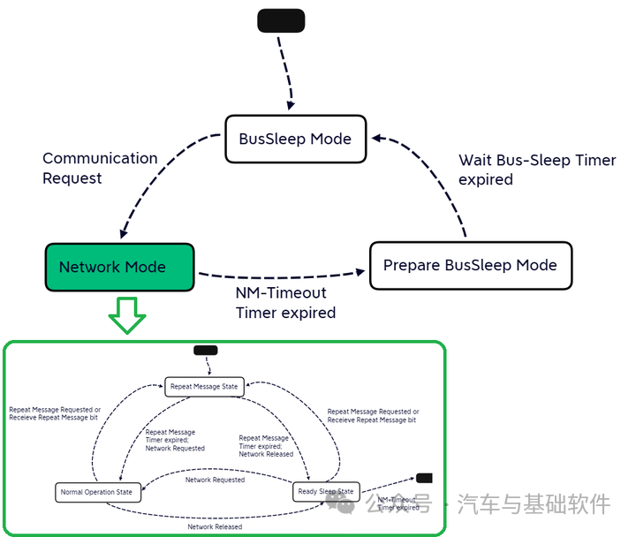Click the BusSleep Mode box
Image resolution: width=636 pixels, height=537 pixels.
[x=295, y=139]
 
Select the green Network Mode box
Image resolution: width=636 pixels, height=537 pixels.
[x=119, y=267]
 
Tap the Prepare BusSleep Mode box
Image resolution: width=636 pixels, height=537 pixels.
[x=470, y=265]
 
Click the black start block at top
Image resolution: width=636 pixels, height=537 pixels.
[x=281, y=20]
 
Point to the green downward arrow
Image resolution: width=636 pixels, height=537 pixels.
[x=129, y=314]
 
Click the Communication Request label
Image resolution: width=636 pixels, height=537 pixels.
[x=100, y=168]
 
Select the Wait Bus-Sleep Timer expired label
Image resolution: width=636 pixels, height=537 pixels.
[x=537, y=170]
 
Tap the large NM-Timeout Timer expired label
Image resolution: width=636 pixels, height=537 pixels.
[x=285, y=302]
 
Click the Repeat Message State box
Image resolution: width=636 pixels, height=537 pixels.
[x=204, y=386]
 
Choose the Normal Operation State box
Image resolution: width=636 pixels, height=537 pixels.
[x=97, y=492]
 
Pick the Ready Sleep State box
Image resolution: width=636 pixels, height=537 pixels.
[x=327, y=491]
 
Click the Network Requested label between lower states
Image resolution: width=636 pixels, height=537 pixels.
[x=215, y=480]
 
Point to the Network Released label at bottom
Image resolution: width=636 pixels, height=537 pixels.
[x=215, y=526]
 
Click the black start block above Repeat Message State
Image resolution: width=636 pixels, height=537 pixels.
[x=205, y=351]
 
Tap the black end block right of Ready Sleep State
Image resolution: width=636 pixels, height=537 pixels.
[x=424, y=478]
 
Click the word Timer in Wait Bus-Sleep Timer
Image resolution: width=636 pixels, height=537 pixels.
[x=595, y=161]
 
